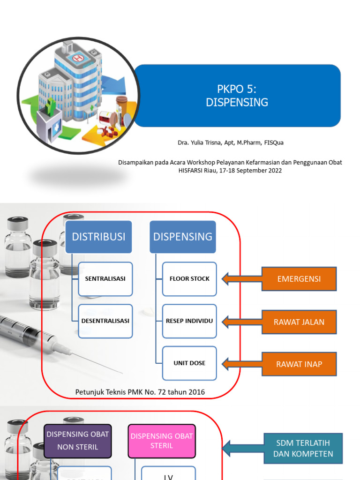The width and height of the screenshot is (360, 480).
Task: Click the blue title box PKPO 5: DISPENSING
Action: click(x=237, y=96)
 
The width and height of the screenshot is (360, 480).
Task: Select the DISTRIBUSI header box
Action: click(x=98, y=237)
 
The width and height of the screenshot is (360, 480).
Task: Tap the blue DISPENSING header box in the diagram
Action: click(x=183, y=237)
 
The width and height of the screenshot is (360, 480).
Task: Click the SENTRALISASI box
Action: click(x=105, y=279)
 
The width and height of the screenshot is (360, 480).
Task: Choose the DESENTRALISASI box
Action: click(x=105, y=321)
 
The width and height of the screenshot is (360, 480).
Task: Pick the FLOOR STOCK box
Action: click(x=190, y=279)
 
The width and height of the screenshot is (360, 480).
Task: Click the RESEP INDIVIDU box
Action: click(x=190, y=321)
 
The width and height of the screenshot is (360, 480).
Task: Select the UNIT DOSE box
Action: click(x=190, y=363)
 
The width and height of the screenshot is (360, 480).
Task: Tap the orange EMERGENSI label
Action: click(x=299, y=279)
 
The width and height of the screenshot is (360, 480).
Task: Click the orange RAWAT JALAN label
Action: click(x=299, y=322)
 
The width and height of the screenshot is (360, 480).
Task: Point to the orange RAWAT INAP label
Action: click(x=299, y=364)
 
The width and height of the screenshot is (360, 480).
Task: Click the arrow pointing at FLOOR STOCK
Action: click(x=241, y=279)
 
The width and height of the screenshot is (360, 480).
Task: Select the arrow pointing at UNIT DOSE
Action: click(x=241, y=364)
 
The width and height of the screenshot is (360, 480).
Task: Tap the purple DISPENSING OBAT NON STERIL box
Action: click(x=78, y=441)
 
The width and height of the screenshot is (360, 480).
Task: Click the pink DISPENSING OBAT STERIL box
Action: click(x=162, y=441)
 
